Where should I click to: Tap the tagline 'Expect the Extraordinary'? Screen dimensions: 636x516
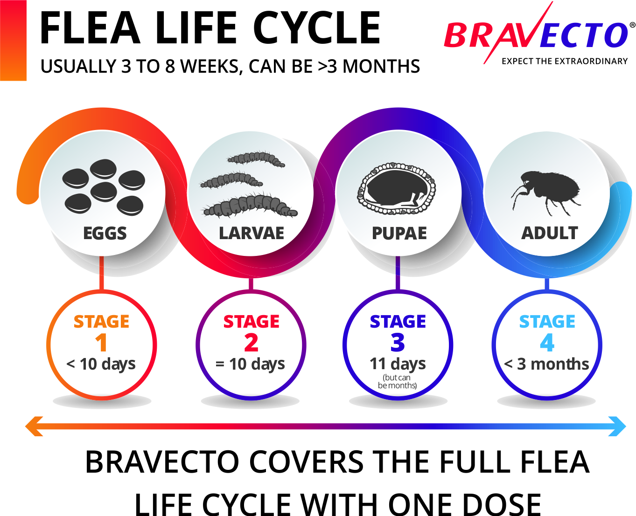coord(564,61)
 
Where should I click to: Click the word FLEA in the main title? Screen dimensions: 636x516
coord(90,28)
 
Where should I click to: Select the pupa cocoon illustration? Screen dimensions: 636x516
coord(397,188)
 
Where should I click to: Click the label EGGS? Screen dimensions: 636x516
coord(105,233)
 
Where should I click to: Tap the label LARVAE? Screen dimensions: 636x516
coord(252,233)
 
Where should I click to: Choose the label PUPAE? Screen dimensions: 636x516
coord(399,233)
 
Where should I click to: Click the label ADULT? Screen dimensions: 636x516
coord(549,233)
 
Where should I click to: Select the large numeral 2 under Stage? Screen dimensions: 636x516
coord(251,343)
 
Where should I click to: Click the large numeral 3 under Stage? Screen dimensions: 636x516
coord(398,343)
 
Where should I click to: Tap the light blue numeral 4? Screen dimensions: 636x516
coord(547,343)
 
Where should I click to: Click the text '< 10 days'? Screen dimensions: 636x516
coord(101,365)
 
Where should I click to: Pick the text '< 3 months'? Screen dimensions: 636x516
coord(546,364)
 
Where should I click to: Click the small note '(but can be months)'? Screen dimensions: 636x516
coord(397,381)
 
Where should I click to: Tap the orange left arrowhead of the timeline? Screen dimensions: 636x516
coord(34,426)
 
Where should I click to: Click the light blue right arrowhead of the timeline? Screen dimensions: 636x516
coord(617,426)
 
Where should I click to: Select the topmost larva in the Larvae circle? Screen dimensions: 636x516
coord(256,159)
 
